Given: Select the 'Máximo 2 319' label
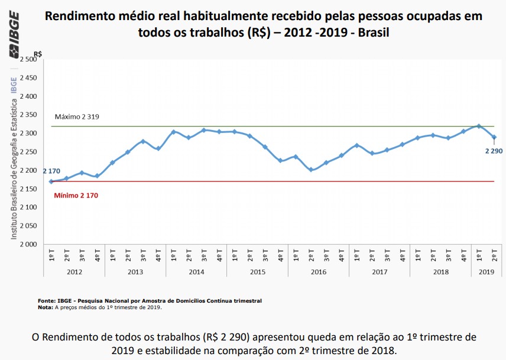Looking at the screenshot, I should click(x=77, y=116).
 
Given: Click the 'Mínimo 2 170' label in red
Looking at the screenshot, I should click(x=76, y=195).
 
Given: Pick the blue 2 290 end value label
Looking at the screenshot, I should click(x=494, y=151).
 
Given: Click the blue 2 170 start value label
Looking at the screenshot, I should click(x=51, y=171).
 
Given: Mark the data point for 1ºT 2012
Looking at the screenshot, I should click(x=51, y=181).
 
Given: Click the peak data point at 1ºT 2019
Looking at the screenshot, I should click(x=479, y=126).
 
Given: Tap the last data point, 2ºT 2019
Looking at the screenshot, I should click(x=494, y=137).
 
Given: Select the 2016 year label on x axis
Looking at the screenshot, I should click(x=318, y=271).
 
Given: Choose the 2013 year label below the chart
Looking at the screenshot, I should click(x=135, y=271).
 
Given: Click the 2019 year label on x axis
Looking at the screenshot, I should click(x=486, y=271).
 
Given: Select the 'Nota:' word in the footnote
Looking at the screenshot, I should click(x=45, y=307).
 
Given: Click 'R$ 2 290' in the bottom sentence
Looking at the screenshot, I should click(x=230, y=337).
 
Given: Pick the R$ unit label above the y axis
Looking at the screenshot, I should click(x=38, y=54).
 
